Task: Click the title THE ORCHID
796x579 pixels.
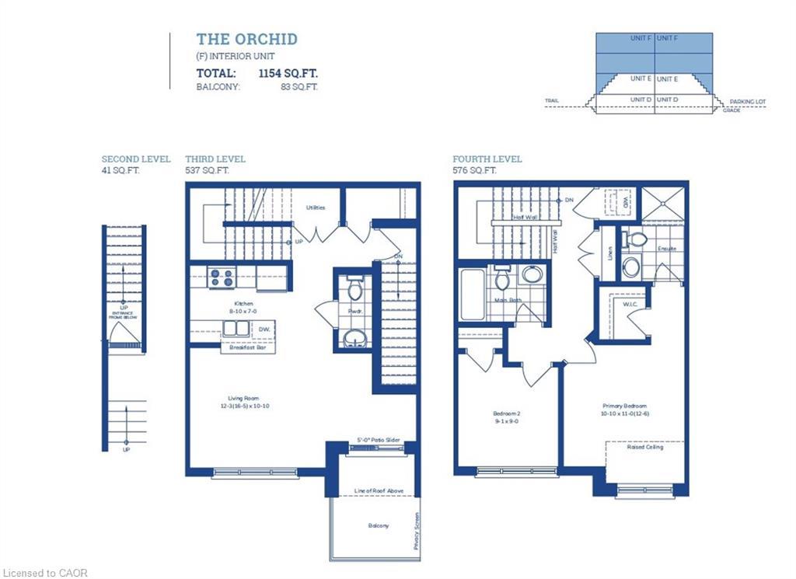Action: pyautogui.click(x=246, y=39)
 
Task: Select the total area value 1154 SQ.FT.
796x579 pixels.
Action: pyautogui.click(x=288, y=73)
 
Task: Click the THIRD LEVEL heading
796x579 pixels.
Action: pyautogui.click(x=215, y=159)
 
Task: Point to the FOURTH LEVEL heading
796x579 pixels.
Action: pyautogui.click(x=487, y=159)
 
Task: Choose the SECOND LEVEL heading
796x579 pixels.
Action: pyautogui.click(x=136, y=159)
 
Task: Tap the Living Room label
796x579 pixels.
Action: pyautogui.click(x=243, y=398)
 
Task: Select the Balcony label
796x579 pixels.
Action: pyautogui.click(x=379, y=525)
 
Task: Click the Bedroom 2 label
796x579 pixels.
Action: pyautogui.click(x=506, y=413)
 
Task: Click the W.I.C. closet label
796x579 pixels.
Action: pyautogui.click(x=630, y=304)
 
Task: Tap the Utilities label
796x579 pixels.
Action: pyautogui.click(x=315, y=208)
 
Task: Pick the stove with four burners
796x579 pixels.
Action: pyautogui.click(x=222, y=277)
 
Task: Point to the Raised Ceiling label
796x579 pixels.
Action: pyautogui.click(x=644, y=447)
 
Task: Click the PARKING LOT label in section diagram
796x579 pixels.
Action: pyautogui.click(x=748, y=102)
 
